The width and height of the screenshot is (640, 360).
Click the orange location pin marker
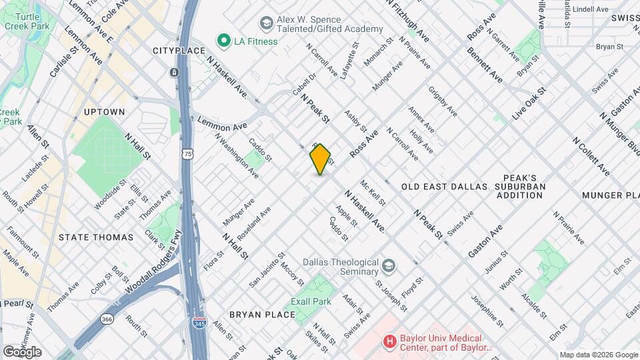pos(320,159)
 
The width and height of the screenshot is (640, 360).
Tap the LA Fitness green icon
pos(223,41)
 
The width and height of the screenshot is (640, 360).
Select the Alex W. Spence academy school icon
pos(267,23)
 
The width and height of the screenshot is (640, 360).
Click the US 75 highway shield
pos(188,154)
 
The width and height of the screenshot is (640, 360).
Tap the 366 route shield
pos(107,319)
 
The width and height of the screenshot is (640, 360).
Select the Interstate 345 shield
pos(218,323)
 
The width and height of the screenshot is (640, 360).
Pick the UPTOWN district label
pos(105,112)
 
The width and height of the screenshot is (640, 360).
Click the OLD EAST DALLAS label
pos(445,187)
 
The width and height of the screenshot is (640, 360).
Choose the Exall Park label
pos(311,301)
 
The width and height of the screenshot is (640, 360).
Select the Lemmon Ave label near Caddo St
pos(223,124)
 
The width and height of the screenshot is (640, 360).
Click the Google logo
pos(22,352)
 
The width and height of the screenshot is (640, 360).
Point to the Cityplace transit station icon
pos(174,72)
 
